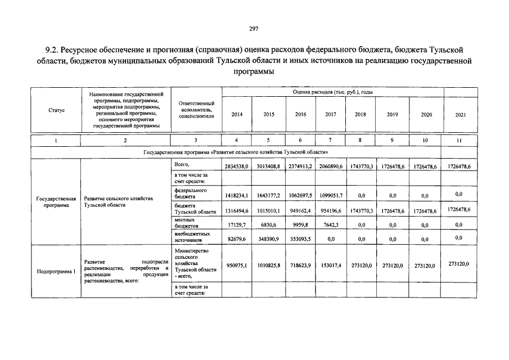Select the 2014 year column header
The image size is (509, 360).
[x=237, y=114]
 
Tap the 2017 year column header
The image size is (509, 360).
[x=331, y=114]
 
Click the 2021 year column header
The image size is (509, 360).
[x=461, y=114]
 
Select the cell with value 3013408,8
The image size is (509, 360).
[x=268, y=167]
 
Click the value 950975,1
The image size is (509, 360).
[x=237, y=265]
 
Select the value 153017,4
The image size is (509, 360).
[x=331, y=265]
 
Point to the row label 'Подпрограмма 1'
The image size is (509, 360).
[x=56, y=271]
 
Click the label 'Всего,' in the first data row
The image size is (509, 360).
[x=182, y=164]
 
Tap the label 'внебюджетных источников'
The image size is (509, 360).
[x=192, y=236]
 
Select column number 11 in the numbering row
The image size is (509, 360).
[x=460, y=141]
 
